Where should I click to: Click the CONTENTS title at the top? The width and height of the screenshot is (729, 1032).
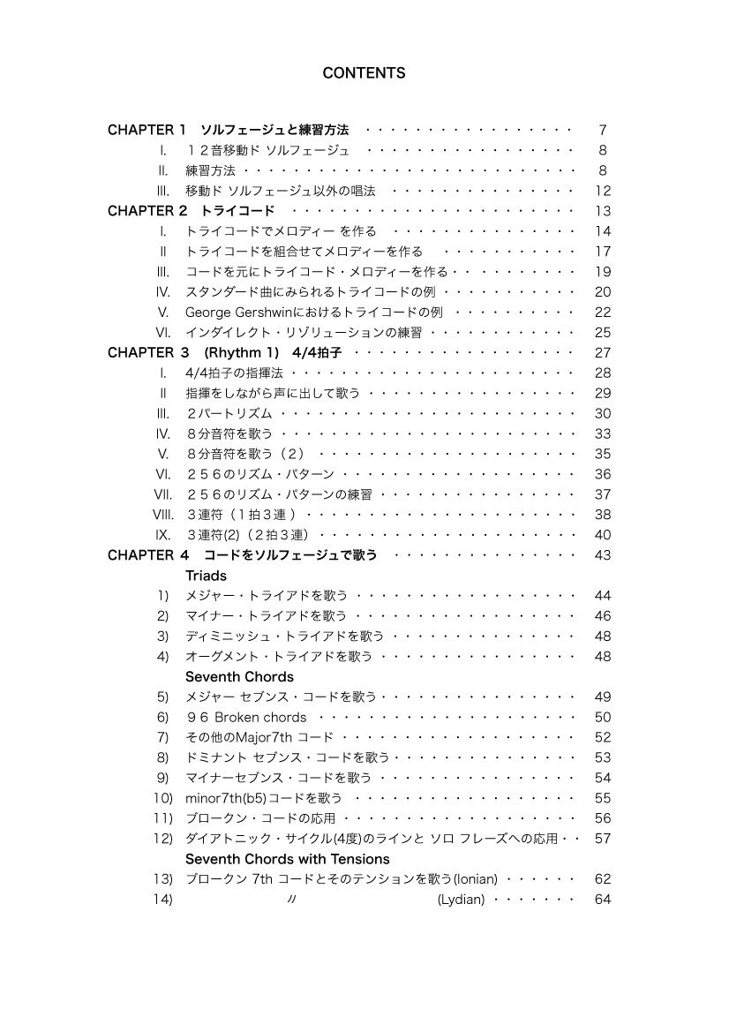(x=364, y=73)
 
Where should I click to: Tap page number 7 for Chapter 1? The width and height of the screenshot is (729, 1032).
(x=603, y=130)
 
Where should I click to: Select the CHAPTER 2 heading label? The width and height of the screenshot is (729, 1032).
(x=148, y=211)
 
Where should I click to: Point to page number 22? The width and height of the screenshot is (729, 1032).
(x=603, y=313)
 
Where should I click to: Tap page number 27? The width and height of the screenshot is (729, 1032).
(x=603, y=353)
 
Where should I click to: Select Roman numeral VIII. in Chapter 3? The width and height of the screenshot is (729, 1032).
(x=162, y=515)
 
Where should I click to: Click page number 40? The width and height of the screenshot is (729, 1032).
(x=603, y=535)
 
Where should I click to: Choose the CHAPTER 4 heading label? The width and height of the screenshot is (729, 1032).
(x=148, y=555)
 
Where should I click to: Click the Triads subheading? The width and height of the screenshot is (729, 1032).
(x=206, y=576)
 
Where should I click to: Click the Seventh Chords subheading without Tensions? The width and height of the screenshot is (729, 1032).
(x=239, y=677)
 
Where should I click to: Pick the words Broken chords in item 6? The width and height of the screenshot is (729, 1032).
(x=260, y=718)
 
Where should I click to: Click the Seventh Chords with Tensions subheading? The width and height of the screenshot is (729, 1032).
(x=287, y=859)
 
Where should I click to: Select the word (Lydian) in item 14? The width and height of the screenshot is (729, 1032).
(x=461, y=900)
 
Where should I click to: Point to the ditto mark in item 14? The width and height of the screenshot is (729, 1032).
(x=291, y=900)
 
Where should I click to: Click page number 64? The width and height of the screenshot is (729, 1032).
(x=603, y=900)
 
